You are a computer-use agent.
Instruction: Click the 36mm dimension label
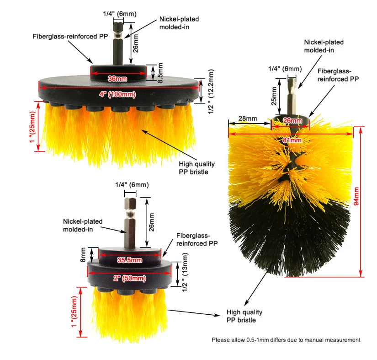pyautogui.click(x=117, y=78)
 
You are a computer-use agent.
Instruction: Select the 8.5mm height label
pyautogui.click(x=160, y=73)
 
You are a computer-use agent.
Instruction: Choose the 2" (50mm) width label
pyautogui.click(x=129, y=278)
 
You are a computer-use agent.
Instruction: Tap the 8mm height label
pyautogui.click(x=83, y=253)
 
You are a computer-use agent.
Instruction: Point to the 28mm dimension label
pyautogui.click(x=248, y=118)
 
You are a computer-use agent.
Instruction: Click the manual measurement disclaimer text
pyautogui.click(x=286, y=340)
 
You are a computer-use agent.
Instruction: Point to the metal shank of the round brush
pyautogui.click(x=291, y=98)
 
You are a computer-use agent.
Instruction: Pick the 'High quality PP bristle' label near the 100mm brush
pyautogui.click(x=193, y=168)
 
